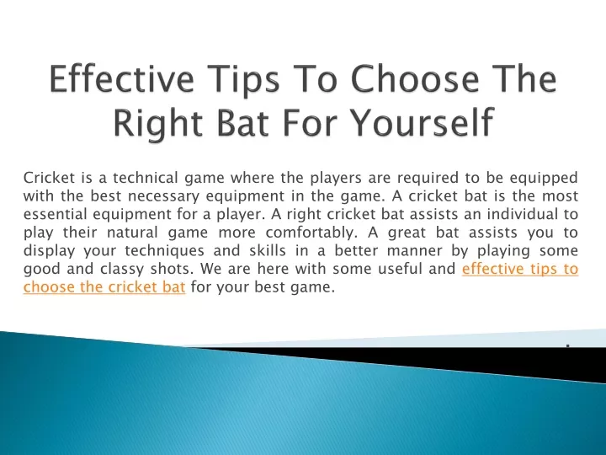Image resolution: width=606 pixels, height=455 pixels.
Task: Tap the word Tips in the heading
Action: click(242, 79)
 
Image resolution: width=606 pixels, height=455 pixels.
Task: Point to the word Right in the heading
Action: click(157, 122)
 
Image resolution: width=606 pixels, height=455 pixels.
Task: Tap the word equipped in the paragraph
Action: click(543, 179)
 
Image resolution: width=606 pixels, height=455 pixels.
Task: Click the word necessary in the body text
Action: click(163, 197)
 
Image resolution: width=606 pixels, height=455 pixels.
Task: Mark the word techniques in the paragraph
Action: click(164, 251)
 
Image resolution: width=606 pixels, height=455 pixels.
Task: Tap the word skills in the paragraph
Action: click(267, 250)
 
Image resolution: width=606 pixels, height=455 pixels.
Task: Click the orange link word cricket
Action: click(129, 286)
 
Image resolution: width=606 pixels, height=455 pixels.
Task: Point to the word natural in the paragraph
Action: click(132, 233)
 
